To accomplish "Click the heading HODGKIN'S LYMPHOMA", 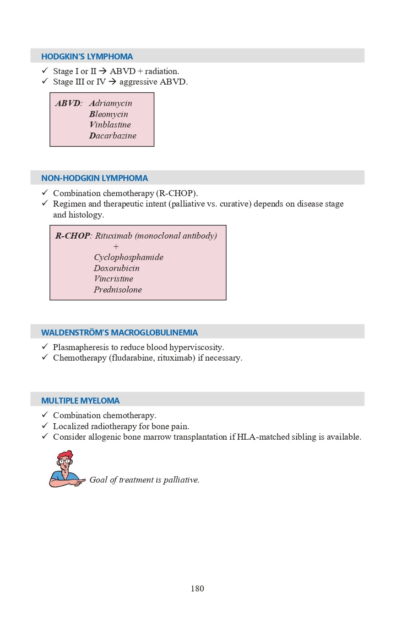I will [x=87, y=57].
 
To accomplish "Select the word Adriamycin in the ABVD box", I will [x=111, y=103].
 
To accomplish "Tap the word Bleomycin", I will [x=108, y=114].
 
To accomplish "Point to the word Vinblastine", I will [x=110, y=125].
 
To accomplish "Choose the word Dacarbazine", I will [x=113, y=136].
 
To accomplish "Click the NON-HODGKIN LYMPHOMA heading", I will [x=95, y=178].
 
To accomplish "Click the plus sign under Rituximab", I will [x=116, y=247].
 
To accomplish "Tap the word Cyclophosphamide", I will [x=129, y=257].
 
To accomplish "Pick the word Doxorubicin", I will [x=117, y=268].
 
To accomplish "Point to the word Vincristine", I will [x=114, y=279].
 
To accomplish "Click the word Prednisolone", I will [x=118, y=290].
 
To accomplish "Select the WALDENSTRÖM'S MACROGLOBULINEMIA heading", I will [x=119, y=333].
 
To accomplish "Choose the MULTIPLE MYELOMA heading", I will [x=80, y=401].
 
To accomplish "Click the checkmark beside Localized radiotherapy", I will [x=45, y=426].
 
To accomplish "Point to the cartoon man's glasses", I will [x=65, y=461].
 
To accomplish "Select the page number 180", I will [x=197, y=589].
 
